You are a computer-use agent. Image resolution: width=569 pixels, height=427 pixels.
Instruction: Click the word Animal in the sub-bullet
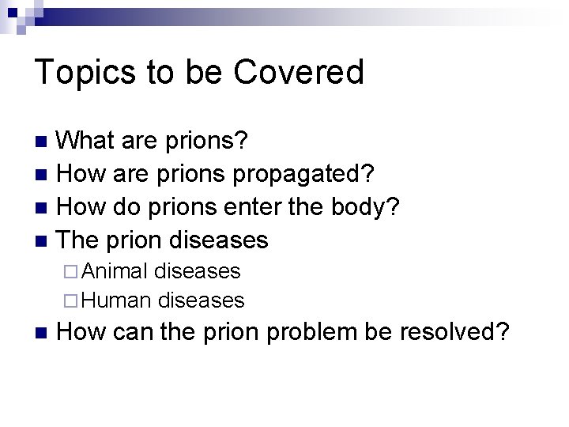(115, 271)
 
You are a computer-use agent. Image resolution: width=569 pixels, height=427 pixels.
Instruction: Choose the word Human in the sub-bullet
(117, 300)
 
